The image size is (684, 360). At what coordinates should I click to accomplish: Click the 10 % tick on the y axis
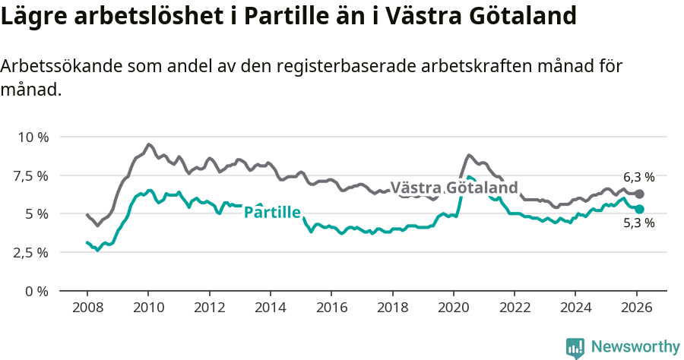pos(32,137)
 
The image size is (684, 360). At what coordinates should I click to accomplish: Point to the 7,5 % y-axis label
pos(31,175)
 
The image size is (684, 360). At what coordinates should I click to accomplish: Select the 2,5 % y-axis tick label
pos(31,252)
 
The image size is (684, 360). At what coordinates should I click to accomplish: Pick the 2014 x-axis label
pos(270,308)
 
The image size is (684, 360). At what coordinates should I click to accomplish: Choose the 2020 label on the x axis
pos(453,308)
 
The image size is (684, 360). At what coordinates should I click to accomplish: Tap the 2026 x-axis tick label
pos(636,308)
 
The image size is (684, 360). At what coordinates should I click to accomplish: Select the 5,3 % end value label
pos(638,223)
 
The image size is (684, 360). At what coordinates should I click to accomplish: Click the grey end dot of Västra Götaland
pos(639,194)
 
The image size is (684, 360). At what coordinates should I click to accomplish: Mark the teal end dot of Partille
pos(639,209)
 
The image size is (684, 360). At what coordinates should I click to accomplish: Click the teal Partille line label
pos(272,213)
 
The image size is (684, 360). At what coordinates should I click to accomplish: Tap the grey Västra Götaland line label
pos(454,188)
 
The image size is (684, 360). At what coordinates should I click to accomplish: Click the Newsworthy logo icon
pos(575,347)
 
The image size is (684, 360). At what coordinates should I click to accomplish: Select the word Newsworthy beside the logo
pos(635,347)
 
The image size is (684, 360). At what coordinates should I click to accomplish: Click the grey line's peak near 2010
pos(148,144)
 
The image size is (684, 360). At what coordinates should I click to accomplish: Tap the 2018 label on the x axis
pos(392,308)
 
